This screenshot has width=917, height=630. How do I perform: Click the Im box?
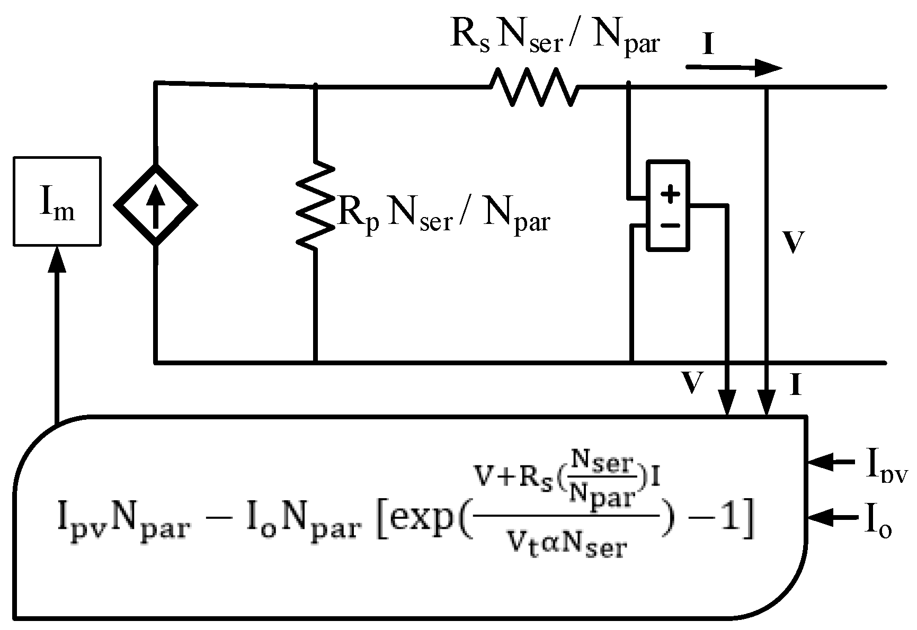click(x=57, y=201)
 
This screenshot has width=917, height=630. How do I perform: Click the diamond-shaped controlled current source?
click(x=155, y=205)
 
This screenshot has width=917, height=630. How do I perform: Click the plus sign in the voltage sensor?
click(x=671, y=194)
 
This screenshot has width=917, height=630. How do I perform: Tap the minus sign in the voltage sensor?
click(x=671, y=226)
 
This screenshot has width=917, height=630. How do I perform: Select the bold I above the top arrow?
click(x=708, y=45)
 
